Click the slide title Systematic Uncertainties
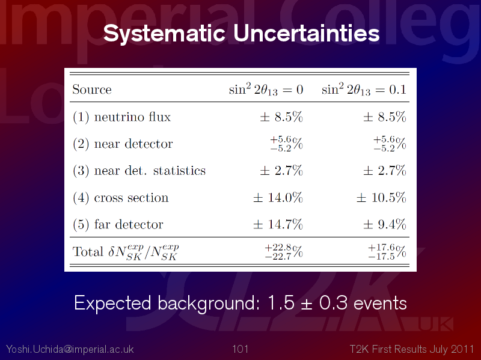(242, 33)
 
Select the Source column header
(92, 90)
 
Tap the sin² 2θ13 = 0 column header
(266, 89)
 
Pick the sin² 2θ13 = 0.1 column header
(364, 89)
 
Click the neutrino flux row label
(121, 117)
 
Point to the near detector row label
(123, 144)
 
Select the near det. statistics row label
(139, 171)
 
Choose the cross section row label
(121, 198)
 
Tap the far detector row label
(118, 224)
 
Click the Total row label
(126, 252)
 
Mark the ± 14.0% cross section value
(278, 198)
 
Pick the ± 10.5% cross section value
(381, 198)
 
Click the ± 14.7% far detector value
(278, 224)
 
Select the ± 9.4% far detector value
(385, 224)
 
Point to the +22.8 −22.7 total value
(283, 252)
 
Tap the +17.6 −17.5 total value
(387, 252)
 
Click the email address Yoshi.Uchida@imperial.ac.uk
(70, 349)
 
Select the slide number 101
(240, 349)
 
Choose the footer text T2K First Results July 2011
(412, 349)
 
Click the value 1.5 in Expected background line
(281, 303)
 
